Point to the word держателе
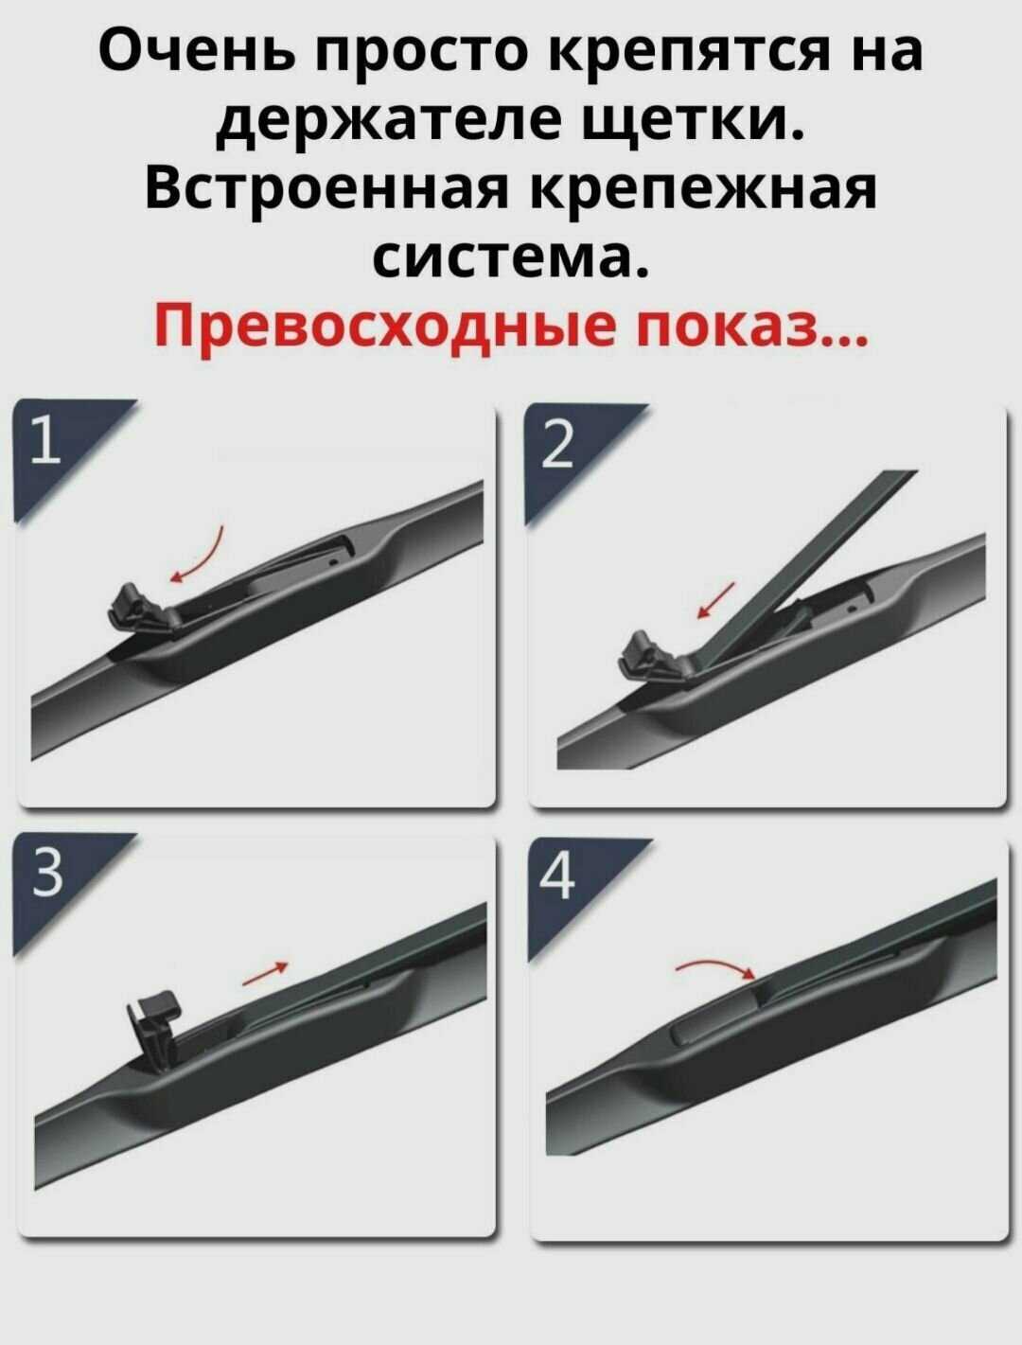389,122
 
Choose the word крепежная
702,192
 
